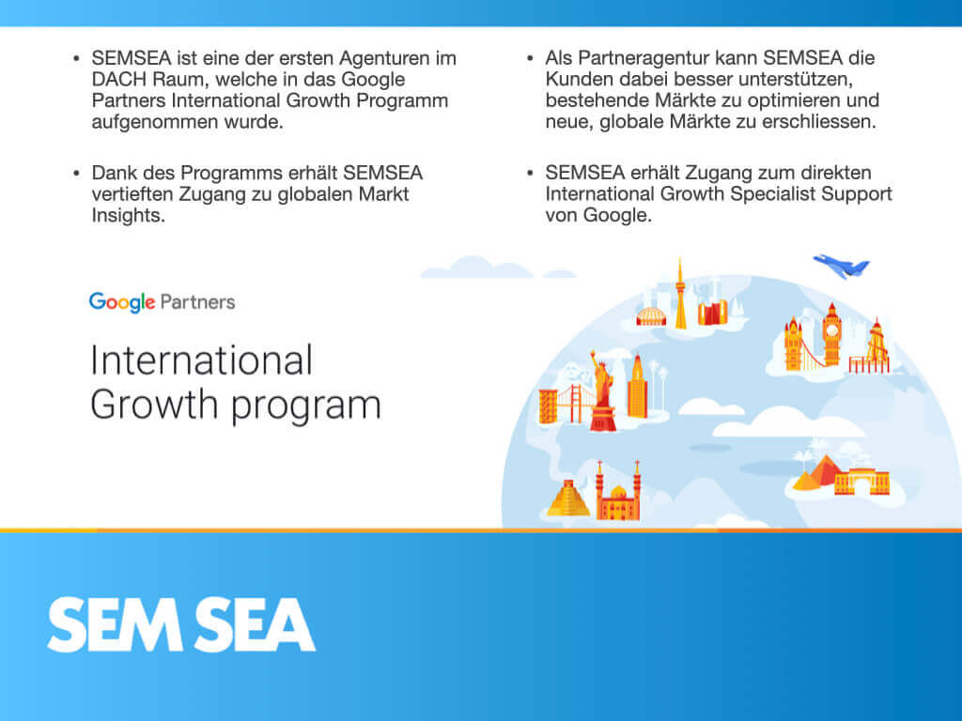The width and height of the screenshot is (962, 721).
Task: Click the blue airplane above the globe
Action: (x=841, y=266)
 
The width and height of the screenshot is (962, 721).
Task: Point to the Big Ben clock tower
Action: (x=831, y=334)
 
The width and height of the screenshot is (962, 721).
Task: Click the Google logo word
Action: (x=121, y=302)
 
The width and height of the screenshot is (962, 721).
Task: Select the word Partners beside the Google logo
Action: (x=197, y=301)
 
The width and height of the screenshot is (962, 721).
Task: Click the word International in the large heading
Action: (x=201, y=360)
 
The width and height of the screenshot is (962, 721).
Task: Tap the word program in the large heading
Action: (x=306, y=407)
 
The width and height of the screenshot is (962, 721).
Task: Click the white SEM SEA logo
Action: (x=181, y=624)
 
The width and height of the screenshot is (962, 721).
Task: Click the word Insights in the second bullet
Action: (x=128, y=215)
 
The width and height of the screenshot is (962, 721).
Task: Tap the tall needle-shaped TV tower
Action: (x=680, y=294)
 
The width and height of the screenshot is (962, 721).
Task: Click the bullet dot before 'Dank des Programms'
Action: (x=76, y=174)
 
